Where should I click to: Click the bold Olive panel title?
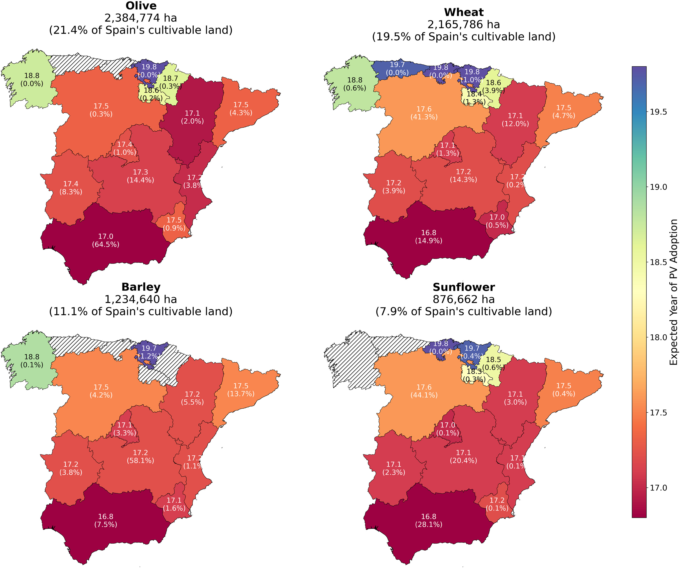point(141,6)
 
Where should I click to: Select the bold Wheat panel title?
point(464,12)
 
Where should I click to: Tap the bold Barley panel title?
point(141,287)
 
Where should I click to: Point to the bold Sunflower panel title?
point(464,287)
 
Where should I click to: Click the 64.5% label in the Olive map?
point(106,244)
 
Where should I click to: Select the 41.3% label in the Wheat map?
point(424,117)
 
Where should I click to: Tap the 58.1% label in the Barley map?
point(140,460)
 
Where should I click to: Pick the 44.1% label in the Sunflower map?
point(424,395)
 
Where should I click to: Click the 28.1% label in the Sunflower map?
point(429,524)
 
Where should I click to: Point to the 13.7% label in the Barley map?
point(241,394)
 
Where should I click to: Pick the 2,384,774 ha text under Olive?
point(141,18)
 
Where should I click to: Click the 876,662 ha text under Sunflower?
point(464,299)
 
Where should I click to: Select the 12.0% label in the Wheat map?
point(515,124)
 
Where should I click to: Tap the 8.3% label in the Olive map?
point(70,192)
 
